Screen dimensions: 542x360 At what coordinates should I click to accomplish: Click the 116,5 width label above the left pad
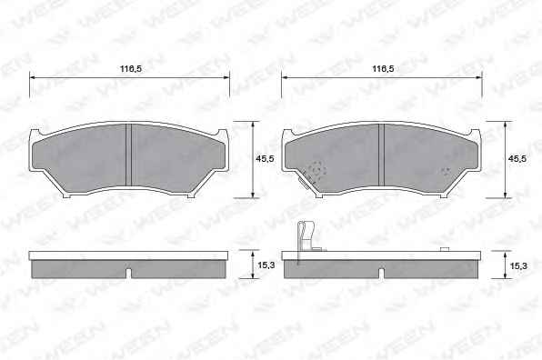tap(131, 69)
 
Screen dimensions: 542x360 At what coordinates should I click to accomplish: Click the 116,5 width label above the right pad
tap(383, 69)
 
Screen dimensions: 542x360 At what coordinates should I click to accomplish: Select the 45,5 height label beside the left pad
tap(265, 159)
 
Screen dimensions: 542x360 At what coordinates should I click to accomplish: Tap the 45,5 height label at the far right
tap(517, 159)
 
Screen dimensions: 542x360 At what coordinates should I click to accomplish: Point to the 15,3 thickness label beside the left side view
tap(266, 265)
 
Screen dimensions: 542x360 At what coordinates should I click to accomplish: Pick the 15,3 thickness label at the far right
tap(518, 266)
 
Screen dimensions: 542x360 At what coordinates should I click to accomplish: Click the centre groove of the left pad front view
tap(128, 155)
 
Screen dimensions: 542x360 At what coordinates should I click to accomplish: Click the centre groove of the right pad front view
tap(382, 155)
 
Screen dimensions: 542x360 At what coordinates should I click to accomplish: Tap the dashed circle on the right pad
tap(317, 170)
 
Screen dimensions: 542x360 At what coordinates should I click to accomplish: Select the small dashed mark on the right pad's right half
tap(447, 171)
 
